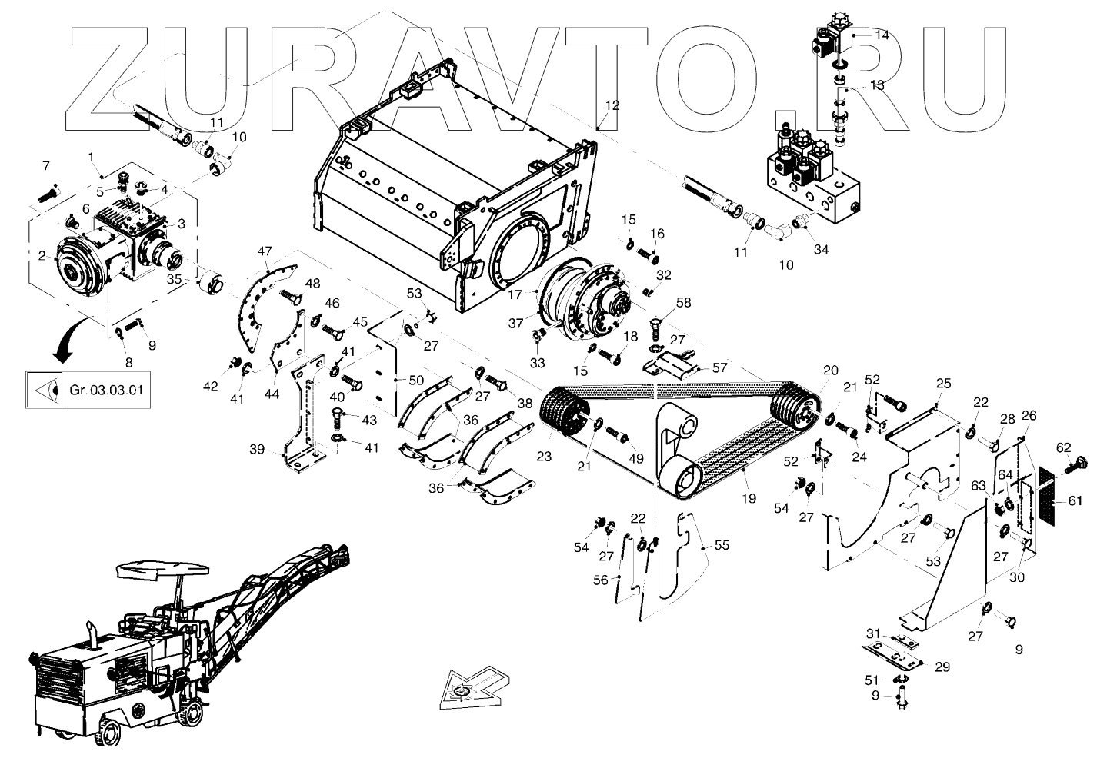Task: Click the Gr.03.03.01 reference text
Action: click(106, 390)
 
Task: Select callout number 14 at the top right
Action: click(882, 35)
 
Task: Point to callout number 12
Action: click(612, 105)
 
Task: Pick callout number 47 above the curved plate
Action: click(265, 251)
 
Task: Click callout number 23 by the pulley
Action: click(544, 456)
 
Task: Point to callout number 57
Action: click(719, 368)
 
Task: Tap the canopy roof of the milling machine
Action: click(162, 568)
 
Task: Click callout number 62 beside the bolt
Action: click(1063, 447)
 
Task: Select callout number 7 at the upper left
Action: click(45, 166)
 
